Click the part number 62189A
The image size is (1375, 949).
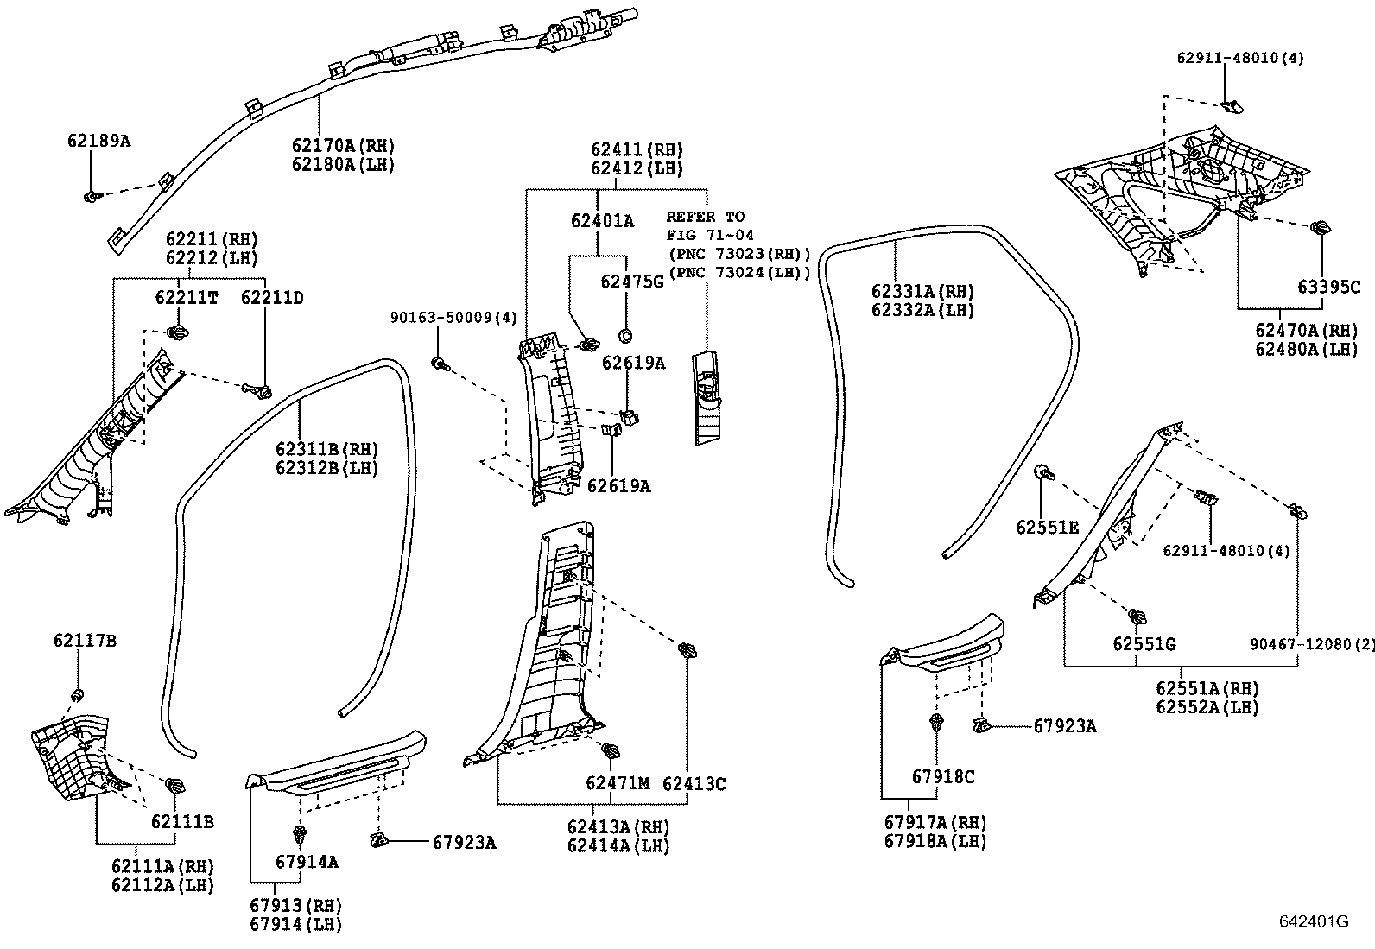(x=98, y=140)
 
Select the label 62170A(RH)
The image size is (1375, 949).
(x=343, y=146)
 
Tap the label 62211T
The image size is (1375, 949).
(x=187, y=298)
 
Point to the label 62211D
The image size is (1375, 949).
(x=272, y=298)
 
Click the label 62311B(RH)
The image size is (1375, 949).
(x=327, y=449)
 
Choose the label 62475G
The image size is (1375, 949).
(x=632, y=282)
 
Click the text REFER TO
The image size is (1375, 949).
(x=705, y=217)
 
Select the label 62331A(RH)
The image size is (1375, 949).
(x=922, y=292)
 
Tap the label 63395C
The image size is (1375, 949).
(x=1328, y=287)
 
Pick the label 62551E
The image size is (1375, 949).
(x=1047, y=528)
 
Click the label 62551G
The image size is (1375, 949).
(x=1144, y=644)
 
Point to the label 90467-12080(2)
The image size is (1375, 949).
(x=1311, y=644)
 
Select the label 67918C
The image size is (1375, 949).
(x=943, y=777)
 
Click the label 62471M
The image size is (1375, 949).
(x=617, y=783)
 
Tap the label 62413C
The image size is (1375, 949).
(x=694, y=783)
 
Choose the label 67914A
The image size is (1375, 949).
(x=307, y=862)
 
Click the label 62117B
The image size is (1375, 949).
(x=85, y=641)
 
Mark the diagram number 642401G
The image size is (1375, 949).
(x=1313, y=921)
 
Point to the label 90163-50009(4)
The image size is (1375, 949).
(x=453, y=319)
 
